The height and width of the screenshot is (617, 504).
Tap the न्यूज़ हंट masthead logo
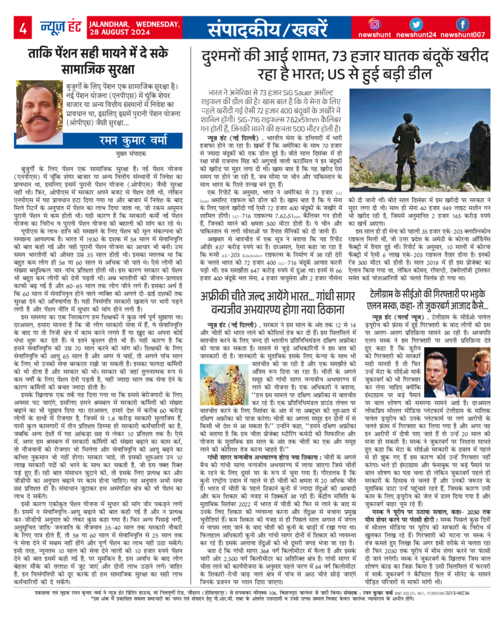point(60,27)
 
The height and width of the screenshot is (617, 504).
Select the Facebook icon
point(462,24)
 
